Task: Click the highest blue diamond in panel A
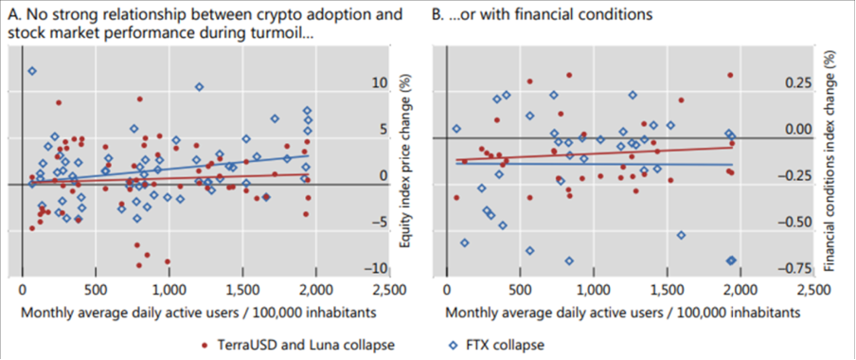[32, 71]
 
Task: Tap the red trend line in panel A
[237, 176]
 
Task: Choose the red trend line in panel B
[615, 153]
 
